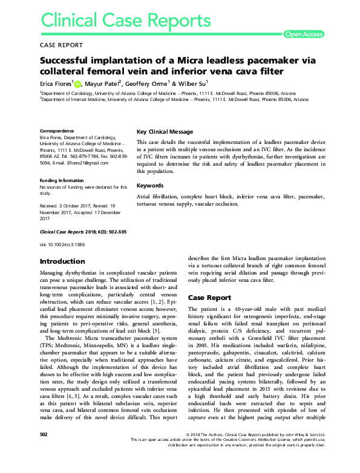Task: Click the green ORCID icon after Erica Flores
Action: click(x=77, y=83)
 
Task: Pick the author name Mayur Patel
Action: click(x=101, y=83)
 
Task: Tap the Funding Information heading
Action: click(x=62, y=180)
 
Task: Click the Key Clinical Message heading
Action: click(x=165, y=132)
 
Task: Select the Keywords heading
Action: click(x=150, y=186)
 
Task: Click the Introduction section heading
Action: click(x=62, y=261)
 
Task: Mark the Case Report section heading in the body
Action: click(x=209, y=298)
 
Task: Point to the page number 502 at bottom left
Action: click(x=43, y=451)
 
